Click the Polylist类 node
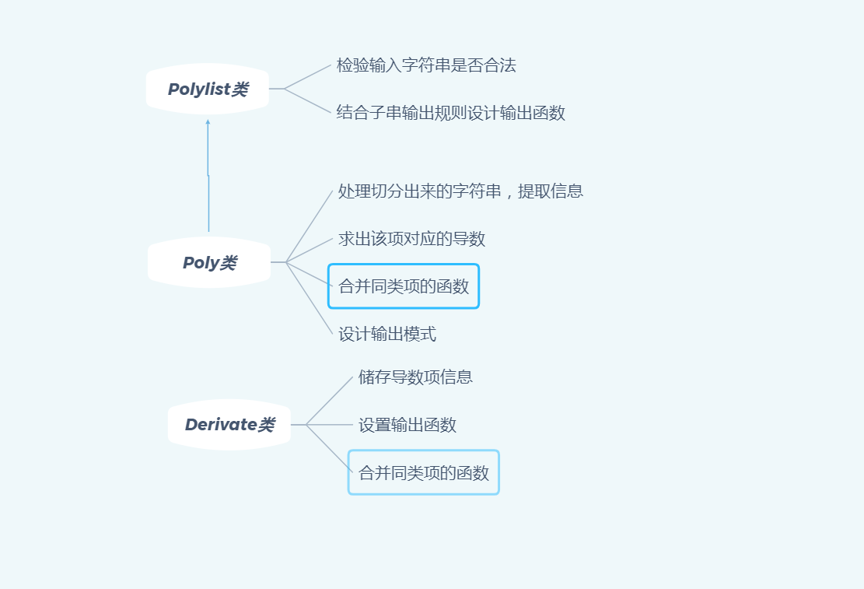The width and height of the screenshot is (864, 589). pyautogui.click(x=207, y=89)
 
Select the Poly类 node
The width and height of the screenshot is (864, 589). pyautogui.click(x=208, y=263)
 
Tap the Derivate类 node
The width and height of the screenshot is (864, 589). pyautogui.click(x=229, y=425)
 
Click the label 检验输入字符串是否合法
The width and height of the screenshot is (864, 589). pyautogui.click(x=425, y=65)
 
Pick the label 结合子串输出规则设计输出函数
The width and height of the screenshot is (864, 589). pyautogui.click(x=450, y=113)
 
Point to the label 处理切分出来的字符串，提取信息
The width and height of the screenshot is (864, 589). pyautogui.click(x=460, y=191)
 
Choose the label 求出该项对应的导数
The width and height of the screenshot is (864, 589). pyautogui.click(x=411, y=239)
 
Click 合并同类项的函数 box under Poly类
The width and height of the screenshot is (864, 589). pyautogui.click(x=403, y=286)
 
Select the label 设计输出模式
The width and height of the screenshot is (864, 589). pyautogui.click(x=387, y=335)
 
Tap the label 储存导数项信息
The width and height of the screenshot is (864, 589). pyautogui.click(x=415, y=377)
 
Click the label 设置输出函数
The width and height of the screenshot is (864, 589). pyautogui.click(x=407, y=425)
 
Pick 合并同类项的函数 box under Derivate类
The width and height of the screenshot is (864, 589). pyautogui.click(x=423, y=472)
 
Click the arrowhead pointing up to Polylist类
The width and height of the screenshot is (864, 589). pyautogui.click(x=208, y=122)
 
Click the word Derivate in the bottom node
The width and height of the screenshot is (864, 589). pyautogui.click(x=221, y=425)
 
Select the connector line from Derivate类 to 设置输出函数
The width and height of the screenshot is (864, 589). pyautogui.click(x=331, y=425)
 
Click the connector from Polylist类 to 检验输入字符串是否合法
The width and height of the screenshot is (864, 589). pyautogui.click(x=309, y=76)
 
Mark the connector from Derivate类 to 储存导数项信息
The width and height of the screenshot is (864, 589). pyautogui.click(x=330, y=401)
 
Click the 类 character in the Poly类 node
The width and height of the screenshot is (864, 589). pyautogui.click(x=228, y=263)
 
